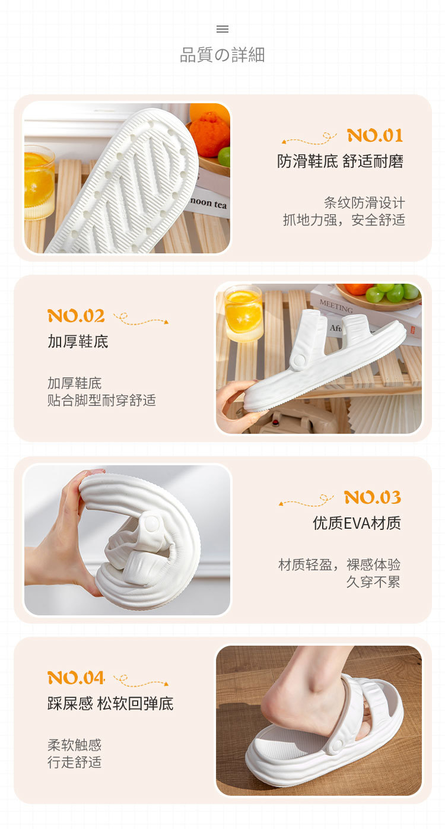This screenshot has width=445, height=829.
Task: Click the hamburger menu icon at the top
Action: tap(223, 29)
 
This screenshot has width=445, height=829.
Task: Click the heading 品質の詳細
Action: tap(223, 55)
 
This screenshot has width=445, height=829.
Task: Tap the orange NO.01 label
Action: tap(375, 135)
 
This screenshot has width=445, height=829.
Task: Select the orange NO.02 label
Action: tap(76, 316)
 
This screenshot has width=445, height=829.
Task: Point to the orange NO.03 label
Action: tap(373, 497)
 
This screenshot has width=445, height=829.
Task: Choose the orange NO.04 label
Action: tap(76, 678)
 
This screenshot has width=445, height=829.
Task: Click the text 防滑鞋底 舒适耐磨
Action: tap(341, 161)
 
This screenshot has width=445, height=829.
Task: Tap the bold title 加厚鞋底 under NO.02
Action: tap(78, 342)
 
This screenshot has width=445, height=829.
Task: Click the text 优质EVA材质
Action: tap(357, 523)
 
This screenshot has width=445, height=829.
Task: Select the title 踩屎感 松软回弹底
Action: tap(110, 704)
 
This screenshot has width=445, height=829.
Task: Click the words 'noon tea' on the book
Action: tap(209, 203)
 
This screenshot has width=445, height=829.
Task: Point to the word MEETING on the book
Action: tap(336, 306)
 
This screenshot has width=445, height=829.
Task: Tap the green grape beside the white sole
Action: tap(224, 157)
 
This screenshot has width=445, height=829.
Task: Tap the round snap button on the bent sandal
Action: tap(151, 523)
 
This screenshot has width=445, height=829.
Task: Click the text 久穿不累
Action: tap(373, 582)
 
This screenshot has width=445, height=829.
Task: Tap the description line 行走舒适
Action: tap(74, 762)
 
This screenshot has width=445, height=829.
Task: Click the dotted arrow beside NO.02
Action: tap(141, 319)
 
